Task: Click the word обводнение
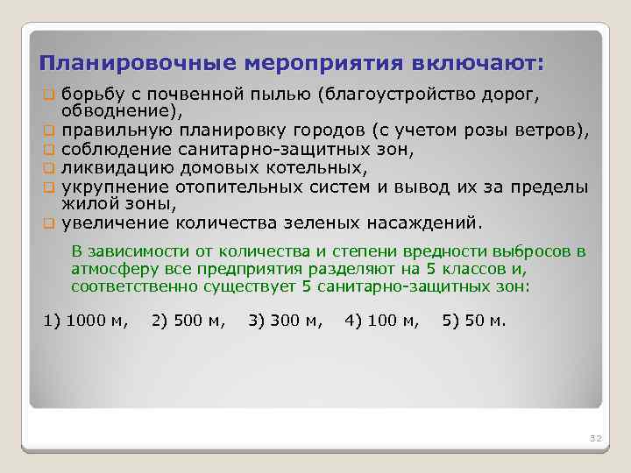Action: (119, 110)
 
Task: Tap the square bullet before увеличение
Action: (49, 222)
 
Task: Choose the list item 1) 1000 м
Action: (86, 320)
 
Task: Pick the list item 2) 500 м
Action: (188, 320)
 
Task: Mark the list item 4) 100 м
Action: (382, 320)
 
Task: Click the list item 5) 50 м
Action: (474, 320)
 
